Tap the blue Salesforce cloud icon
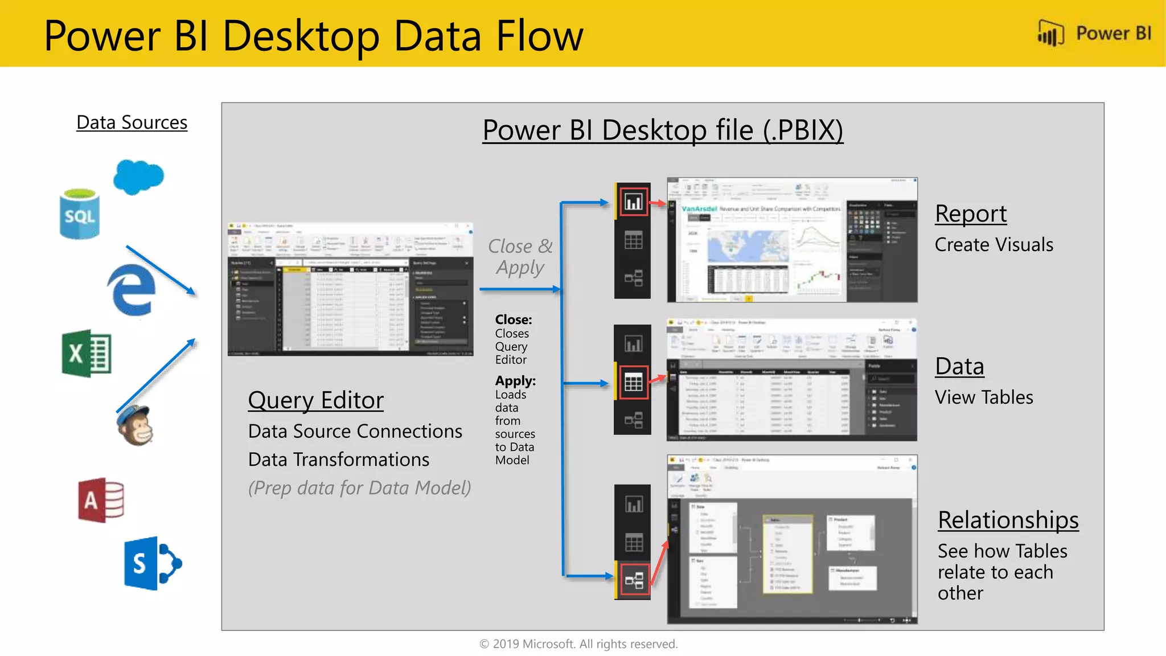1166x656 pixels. click(138, 177)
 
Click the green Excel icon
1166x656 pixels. click(87, 353)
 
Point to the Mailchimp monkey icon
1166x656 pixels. click(135, 425)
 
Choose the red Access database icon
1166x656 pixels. click(101, 500)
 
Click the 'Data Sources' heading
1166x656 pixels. click(132, 122)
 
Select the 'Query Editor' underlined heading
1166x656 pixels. click(315, 400)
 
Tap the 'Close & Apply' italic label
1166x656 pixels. click(520, 257)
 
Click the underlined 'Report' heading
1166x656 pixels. click(971, 214)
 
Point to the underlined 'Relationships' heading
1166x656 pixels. click(1008, 520)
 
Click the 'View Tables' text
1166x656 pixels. click(984, 397)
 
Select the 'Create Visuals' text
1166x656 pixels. click(993, 245)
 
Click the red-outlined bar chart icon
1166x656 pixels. click(634, 202)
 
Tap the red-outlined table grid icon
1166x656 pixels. click(634, 382)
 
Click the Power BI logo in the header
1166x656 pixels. click(1094, 34)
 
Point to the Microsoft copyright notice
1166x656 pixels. click(578, 644)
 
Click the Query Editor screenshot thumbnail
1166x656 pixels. click(350, 289)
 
